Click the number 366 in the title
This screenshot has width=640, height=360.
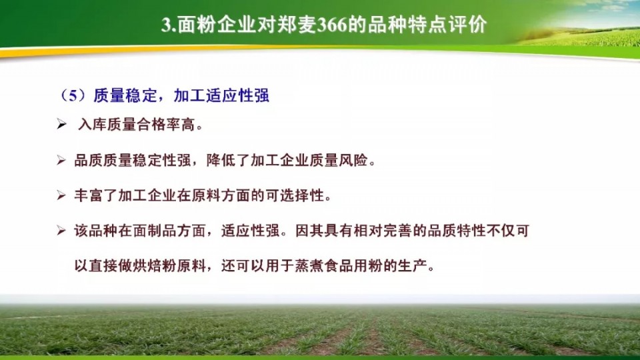331,25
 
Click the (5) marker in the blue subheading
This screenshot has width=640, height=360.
73,95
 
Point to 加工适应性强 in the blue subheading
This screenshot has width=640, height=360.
221,95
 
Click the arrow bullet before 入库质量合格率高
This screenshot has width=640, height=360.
61,124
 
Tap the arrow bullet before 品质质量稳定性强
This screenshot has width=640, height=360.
61,160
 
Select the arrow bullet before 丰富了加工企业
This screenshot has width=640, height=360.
61,195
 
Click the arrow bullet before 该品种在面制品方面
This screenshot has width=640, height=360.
61,231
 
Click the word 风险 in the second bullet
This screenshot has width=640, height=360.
353,160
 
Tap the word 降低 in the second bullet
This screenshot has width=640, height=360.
221,160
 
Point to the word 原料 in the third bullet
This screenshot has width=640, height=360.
207,195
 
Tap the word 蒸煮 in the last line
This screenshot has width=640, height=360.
310,266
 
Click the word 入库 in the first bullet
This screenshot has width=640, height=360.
93,125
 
